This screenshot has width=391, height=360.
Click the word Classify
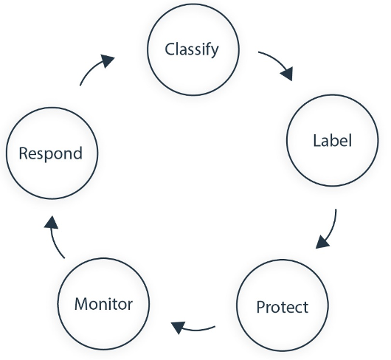192,50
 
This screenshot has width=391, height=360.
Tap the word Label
332,140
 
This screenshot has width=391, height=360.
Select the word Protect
283,307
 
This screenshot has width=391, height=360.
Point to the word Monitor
103,304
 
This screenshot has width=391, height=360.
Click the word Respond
51,153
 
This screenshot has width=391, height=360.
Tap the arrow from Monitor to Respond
54,238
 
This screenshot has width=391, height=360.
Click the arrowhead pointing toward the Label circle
287,74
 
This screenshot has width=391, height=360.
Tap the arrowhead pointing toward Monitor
178,328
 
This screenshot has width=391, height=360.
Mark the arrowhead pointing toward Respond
51,223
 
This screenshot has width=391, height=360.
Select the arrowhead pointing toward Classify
108,60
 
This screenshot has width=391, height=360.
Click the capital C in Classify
170,49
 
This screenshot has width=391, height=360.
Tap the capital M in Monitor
82,304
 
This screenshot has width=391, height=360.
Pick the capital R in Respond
24,153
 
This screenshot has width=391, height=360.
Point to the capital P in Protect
261,307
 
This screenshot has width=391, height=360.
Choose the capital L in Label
317,141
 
